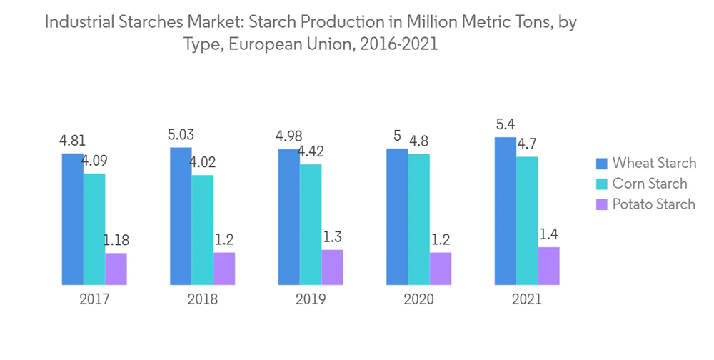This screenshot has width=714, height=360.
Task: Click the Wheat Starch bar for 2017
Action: coord(72,219)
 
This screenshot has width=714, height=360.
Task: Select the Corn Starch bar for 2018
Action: coord(202,229)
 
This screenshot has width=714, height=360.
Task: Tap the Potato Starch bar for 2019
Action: coord(332,266)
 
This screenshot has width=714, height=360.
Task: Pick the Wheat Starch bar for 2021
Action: coord(505,211)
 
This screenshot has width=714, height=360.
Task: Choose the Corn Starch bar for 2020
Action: coord(418,219)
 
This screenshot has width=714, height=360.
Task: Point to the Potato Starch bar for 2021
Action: coord(548,265)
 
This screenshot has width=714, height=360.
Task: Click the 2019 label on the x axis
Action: coord(311,299)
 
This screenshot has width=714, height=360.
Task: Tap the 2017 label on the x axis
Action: coord(94,299)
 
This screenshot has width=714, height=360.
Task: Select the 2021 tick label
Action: coord(527,299)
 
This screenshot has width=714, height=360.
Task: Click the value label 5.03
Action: coord(181,135)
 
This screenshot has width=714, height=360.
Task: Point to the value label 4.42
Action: coord(311,152)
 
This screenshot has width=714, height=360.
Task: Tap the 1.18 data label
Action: coord(116,240)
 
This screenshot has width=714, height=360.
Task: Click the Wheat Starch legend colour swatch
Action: coord(600,163)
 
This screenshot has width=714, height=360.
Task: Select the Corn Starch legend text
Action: coord(650,184)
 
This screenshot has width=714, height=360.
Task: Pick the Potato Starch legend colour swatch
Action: coord(600,204)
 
